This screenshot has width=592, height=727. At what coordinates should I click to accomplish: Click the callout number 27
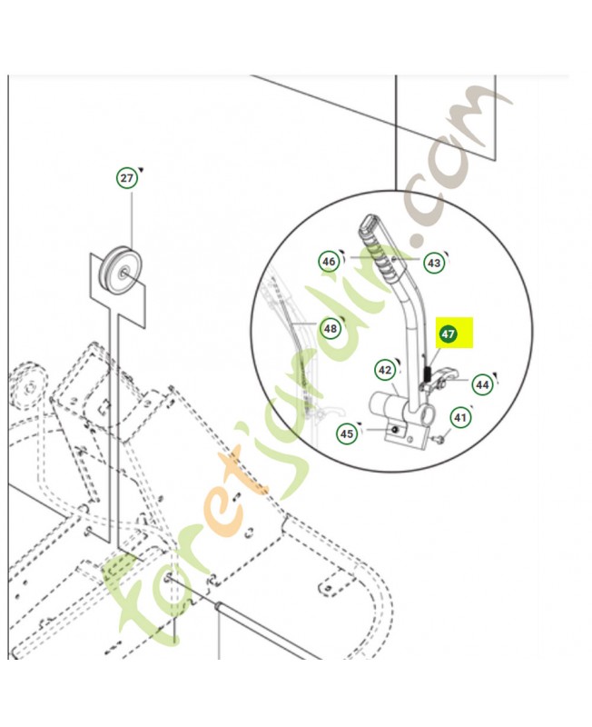(x=126, y=178)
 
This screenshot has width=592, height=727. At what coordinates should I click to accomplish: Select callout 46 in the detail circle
(x=329, y=262)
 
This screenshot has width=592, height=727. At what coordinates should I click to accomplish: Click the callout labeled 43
(x=434, y=263)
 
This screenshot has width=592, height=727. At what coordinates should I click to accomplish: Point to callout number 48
(x=329, y=328)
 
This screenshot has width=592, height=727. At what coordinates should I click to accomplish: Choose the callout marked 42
(x=385, y=370)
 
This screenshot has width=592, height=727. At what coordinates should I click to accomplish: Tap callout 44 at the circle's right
(x=482, y=384)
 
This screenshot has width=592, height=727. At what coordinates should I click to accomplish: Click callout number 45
(x=346, y=434)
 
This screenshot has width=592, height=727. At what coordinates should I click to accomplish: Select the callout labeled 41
(x=461, y=419)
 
